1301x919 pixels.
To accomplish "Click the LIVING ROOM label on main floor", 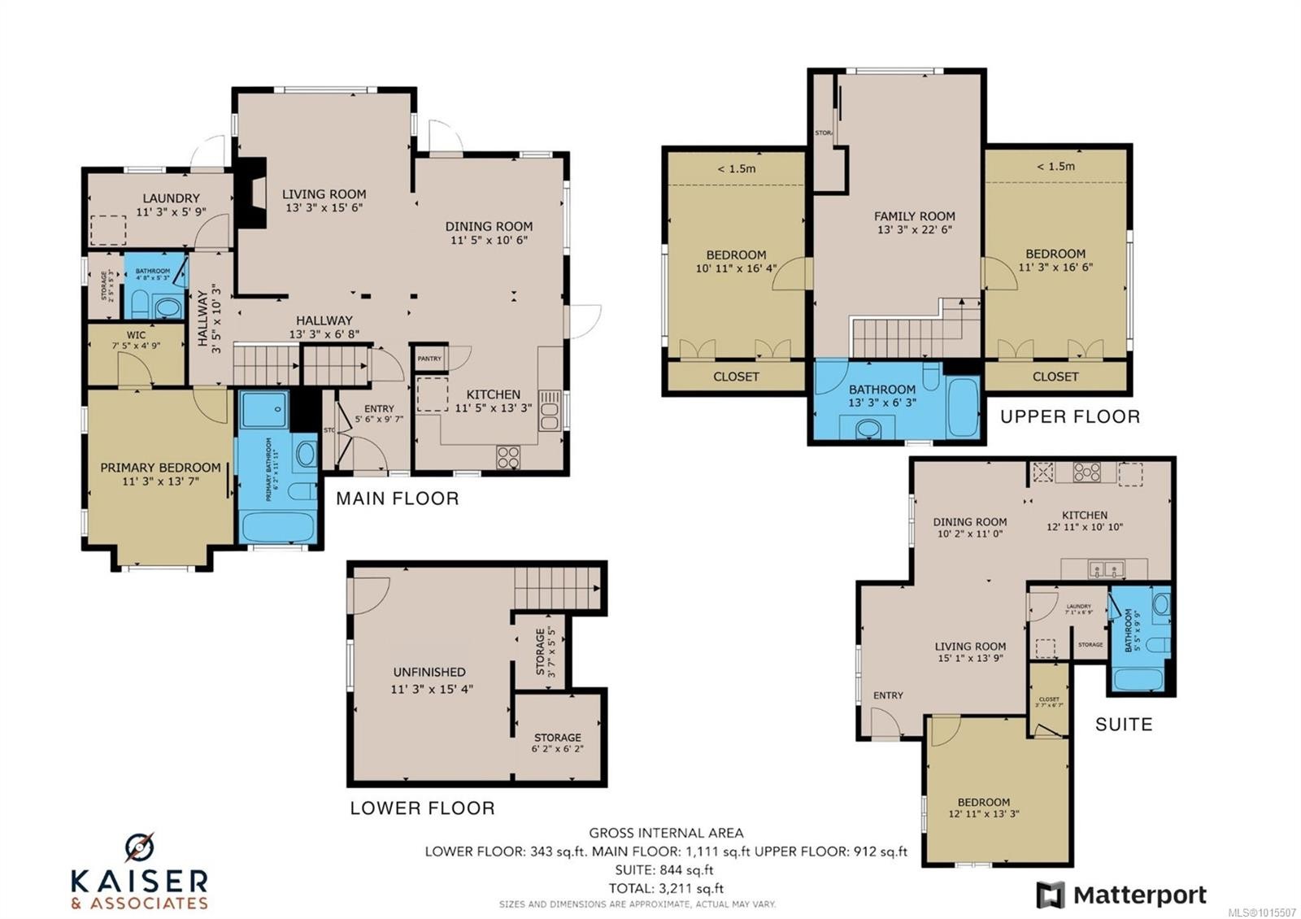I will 324,194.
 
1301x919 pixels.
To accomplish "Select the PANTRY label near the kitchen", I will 429,359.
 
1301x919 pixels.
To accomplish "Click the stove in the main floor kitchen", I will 508,457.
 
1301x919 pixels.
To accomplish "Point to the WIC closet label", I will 136,335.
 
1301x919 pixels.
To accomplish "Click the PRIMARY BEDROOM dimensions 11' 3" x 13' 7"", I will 160,481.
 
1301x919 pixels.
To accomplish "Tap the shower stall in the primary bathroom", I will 264,409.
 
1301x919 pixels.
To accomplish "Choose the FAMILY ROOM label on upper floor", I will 914,216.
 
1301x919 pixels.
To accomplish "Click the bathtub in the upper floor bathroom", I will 963,407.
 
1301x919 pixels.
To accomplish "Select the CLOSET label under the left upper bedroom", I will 736,377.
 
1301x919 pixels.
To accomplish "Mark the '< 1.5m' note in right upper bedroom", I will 1055,166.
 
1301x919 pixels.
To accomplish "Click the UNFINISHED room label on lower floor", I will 429,672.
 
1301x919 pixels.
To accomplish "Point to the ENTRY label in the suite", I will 888,695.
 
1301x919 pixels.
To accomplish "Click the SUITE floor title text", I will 1123,724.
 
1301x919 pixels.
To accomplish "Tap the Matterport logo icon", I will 1050,895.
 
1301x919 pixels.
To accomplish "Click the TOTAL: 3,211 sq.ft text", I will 668,888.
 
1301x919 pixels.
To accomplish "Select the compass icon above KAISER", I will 139,847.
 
